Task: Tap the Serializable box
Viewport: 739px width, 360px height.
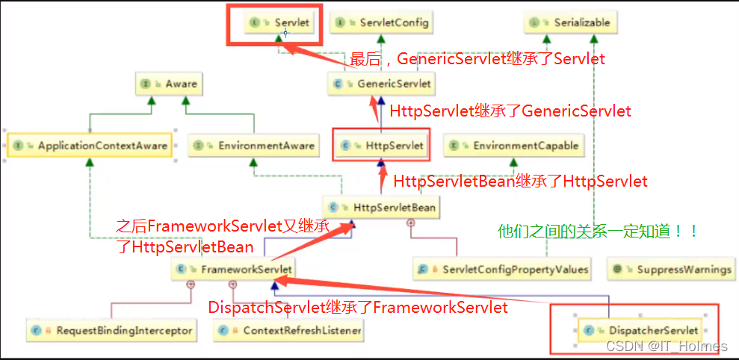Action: tap(570, 22)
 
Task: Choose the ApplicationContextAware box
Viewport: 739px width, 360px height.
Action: tap(90, 146)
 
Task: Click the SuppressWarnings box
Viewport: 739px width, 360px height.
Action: tap(670, 269)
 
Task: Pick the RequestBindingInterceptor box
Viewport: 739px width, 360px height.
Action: tap(111, 329)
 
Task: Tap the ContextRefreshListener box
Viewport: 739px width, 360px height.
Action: tap(288, 329)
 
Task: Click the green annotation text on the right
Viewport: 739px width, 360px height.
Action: tap(599, 232)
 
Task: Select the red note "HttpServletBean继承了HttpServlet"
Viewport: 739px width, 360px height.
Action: tap(520, 181)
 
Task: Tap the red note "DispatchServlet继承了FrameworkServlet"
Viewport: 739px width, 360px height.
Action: tap(358, 308)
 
